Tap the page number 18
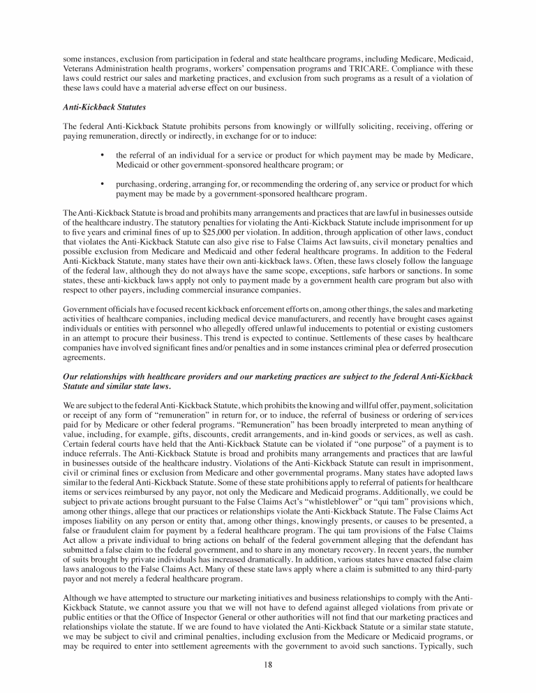[x=268, y=665]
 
